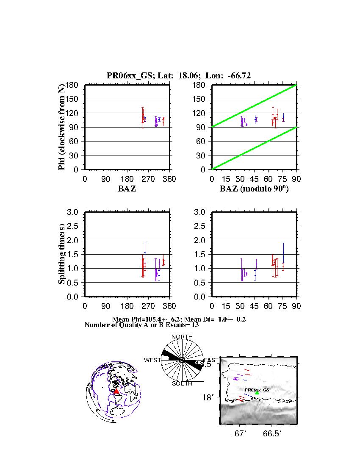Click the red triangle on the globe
pyautogui.click(x=116, y=391)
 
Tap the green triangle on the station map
pyautogui.click(x=257, y=394)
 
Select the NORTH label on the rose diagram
pyautogui.click(x=182, y=337)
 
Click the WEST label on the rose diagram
pyautogui.click(x=152, y=360)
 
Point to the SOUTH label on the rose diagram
pyautogui.click(x=182, y=383)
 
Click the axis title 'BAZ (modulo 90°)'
pyautogui.click(x=254, y=189)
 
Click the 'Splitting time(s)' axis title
pyautogui.click(x=62, y=254)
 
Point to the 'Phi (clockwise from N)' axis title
pyautogui.click(x=62, y=127)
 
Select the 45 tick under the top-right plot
pyautogui.click(x=254, y=179)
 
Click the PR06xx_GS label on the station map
pyautogui.click(x=257, y=389)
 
